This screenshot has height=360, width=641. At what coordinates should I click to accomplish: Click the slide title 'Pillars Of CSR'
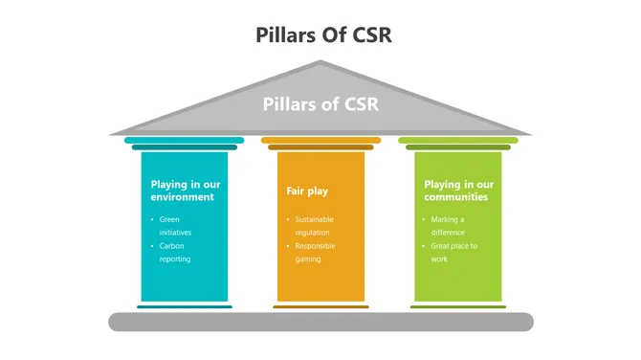[x=323, y=35]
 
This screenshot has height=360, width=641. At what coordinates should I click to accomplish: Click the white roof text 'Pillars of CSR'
[x=320, y=104]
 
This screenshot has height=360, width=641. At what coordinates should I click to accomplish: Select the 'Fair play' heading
[x=301, y=191]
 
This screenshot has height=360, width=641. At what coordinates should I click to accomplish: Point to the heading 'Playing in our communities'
[x=458, y=191]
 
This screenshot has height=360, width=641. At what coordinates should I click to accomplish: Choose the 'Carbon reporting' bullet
[x=175, y=253]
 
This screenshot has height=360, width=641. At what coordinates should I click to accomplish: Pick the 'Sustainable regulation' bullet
[x=313, y=226]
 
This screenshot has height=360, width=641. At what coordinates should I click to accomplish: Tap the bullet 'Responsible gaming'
[x=315, y=253]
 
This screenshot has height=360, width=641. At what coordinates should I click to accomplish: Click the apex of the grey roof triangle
[x=320, y=63]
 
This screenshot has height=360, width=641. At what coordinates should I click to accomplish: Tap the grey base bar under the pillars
[x=320, y=322]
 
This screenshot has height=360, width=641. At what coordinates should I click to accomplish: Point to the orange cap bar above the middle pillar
[x=320, y=140]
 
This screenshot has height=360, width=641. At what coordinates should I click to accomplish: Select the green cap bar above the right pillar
[x=457, y=140]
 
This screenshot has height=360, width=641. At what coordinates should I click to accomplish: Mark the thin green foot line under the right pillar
[x=457, y=307]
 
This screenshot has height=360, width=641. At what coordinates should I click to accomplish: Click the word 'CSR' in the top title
[x=366, y=35]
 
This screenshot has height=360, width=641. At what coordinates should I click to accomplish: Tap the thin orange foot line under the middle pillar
[x=320, y=307]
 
